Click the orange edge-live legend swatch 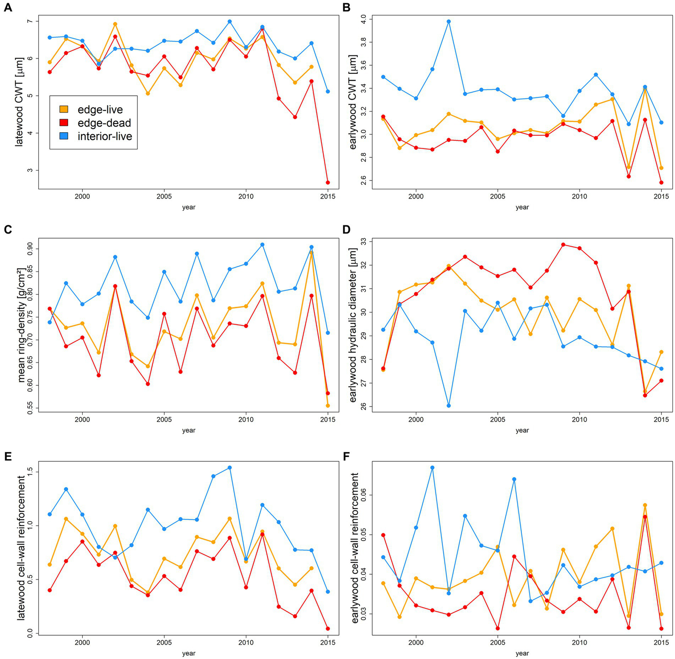click(64, 109)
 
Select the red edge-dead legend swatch click(64, 123)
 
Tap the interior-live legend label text click(105, 137)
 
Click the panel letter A click(7, 7)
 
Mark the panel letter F click(346, 456)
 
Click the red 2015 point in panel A click(328, 182)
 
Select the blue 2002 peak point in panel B click(449, 22)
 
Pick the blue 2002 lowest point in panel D click(449, 406)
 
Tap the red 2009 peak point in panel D click(563, 245)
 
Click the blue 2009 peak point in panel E click(230, 467)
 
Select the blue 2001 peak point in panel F click(432, 467)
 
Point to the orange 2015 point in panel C click(328, 406)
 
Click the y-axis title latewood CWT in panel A click(19, 101)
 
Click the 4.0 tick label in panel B click(363, 19)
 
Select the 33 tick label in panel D click(363, 242)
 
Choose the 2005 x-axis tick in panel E click(164, 642)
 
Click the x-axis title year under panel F click(522, 653)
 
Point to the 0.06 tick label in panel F click(363, 495)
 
